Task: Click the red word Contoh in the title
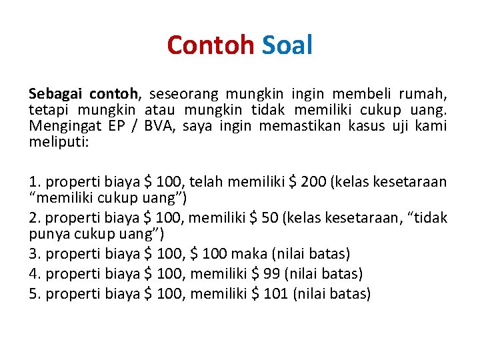211,45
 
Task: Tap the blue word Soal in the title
287,45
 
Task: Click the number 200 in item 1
317,182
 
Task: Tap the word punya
44,234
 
